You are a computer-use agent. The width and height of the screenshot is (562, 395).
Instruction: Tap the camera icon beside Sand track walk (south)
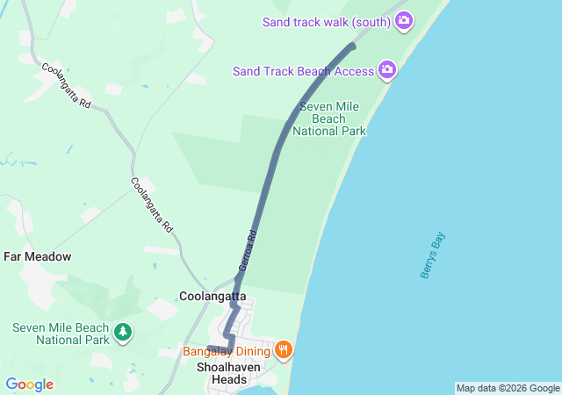pos(404,20)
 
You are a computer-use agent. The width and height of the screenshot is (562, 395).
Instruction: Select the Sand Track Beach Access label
pos(304,70)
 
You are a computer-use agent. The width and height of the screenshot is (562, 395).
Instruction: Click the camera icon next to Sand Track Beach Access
pos(387,69)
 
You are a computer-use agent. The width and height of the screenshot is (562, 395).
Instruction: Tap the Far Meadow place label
pos(37,256)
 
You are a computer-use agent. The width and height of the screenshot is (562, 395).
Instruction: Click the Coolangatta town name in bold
pos(213,297)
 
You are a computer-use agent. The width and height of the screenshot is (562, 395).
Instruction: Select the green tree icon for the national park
pos(124,333)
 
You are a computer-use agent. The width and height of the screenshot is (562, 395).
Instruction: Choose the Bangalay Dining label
pos(227,351)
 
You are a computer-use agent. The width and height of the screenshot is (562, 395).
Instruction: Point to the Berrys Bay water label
pos(433,256)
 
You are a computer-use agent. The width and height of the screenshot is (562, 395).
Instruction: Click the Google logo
pos(29,384)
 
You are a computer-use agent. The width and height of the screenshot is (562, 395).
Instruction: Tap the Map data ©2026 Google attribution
pos(508,388)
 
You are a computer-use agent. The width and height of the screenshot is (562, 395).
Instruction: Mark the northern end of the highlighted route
pos(353,45)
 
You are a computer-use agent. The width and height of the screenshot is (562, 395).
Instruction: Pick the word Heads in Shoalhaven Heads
pos(229,380)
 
